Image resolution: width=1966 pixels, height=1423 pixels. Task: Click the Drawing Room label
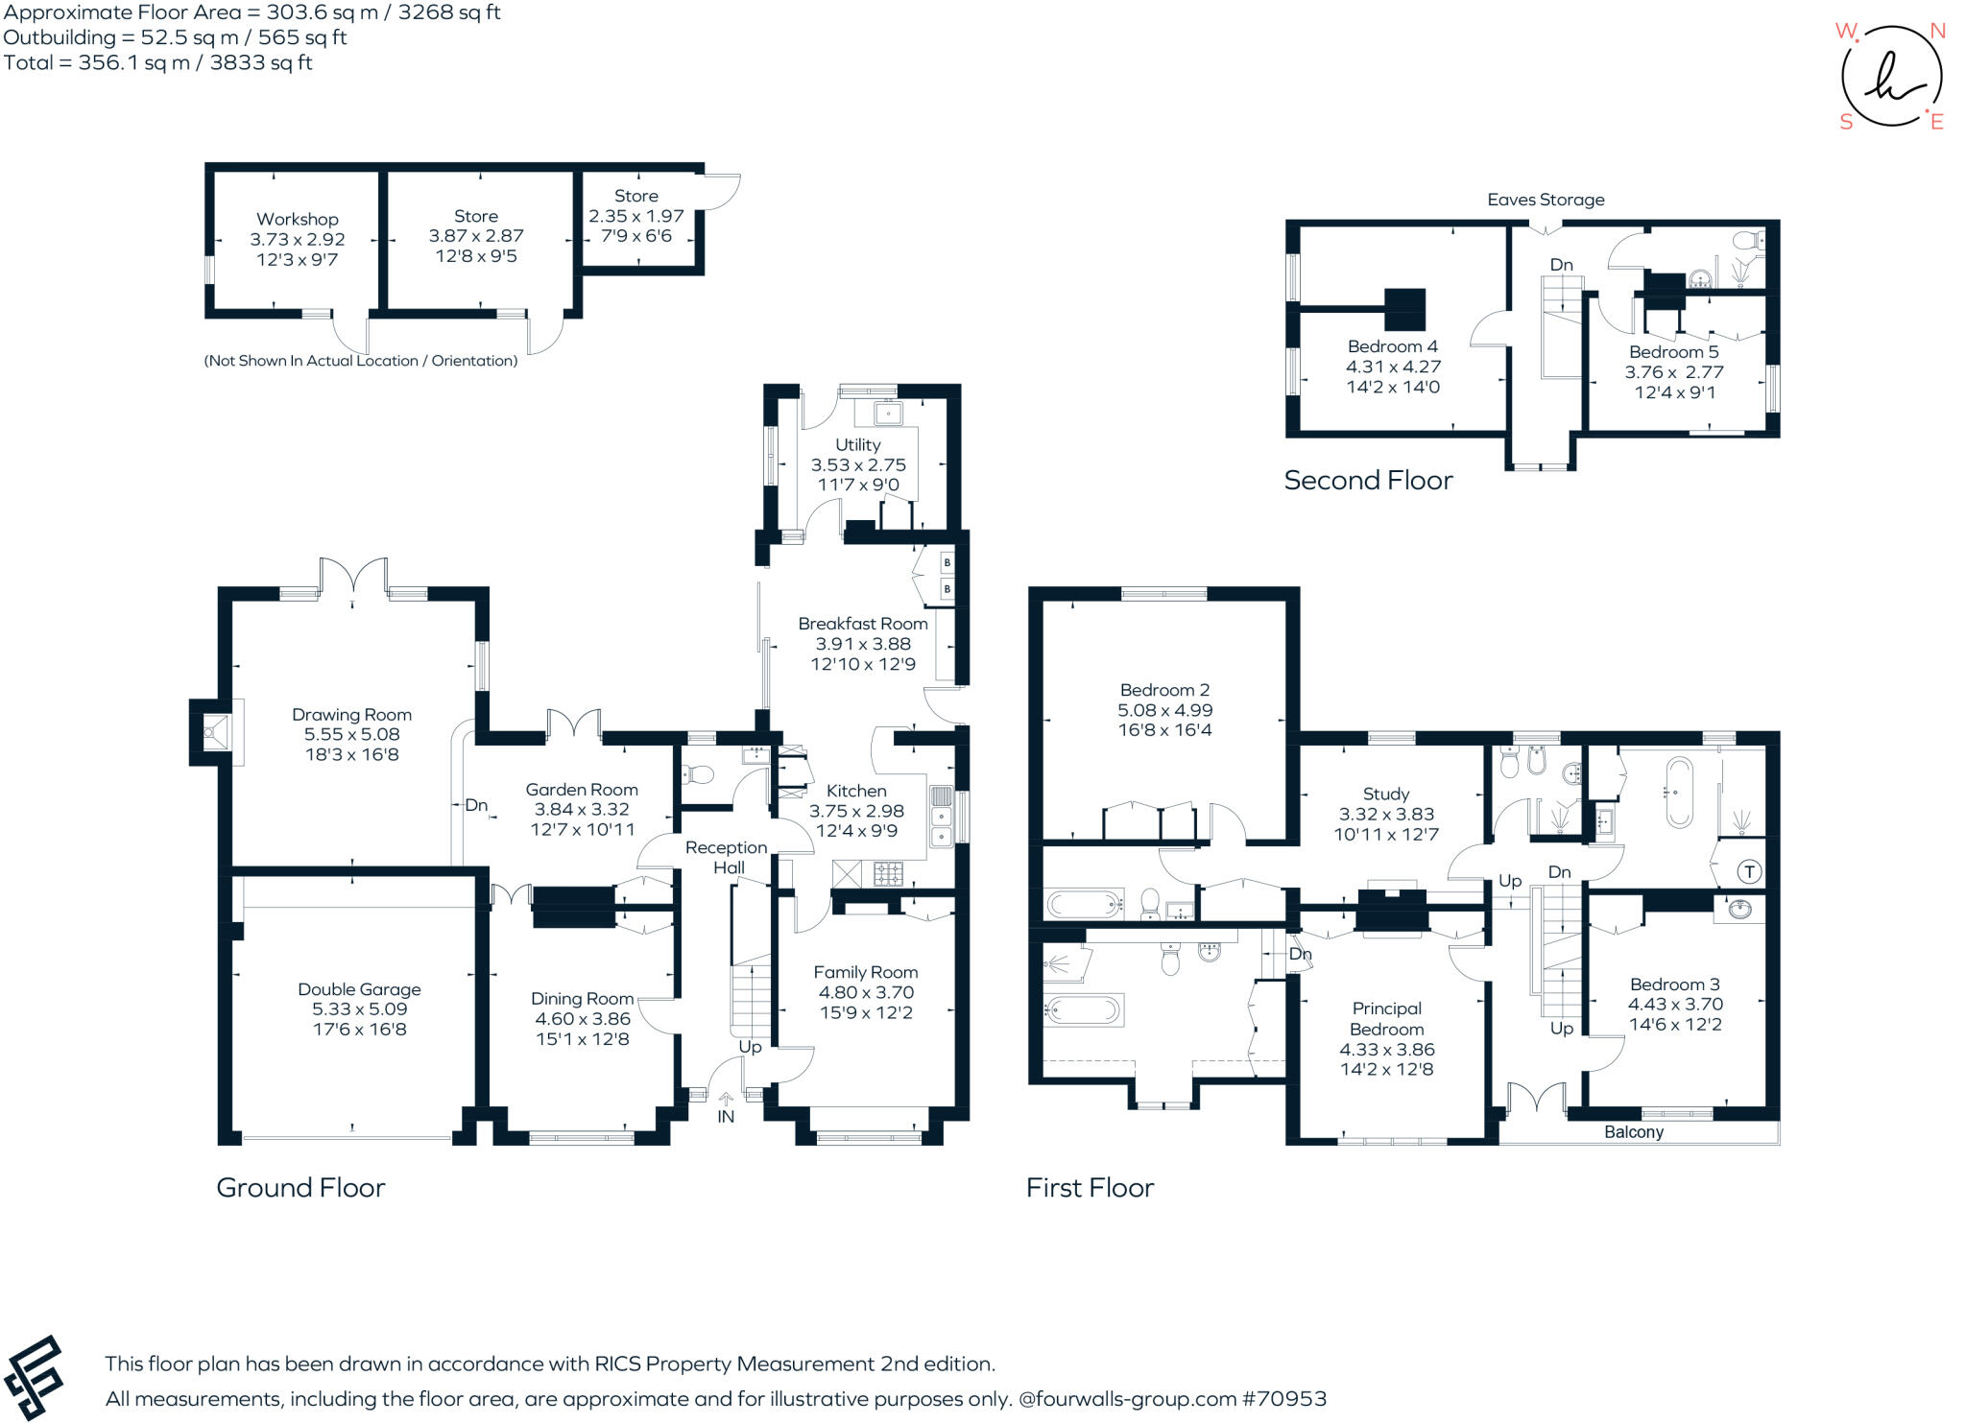pos(351,715)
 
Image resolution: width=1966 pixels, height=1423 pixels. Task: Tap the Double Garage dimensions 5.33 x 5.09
pos(359,1009)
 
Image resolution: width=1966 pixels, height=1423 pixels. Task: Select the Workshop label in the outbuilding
pos(297,219)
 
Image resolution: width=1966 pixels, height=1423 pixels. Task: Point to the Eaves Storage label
pos(1546,200)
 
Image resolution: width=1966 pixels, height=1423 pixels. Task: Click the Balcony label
pos(1633,1132)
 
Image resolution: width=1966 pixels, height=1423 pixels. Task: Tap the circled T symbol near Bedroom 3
pos(1749,872)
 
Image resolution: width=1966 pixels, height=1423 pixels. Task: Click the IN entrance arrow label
pos(726,1116)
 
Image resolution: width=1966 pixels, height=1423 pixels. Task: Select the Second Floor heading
pos(1368,480)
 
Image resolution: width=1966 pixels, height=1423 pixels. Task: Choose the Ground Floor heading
pos(300,1188)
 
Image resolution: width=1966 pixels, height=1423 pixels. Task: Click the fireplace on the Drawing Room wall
pos(213,733)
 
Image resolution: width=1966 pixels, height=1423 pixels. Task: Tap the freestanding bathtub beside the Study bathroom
pos(1680,793)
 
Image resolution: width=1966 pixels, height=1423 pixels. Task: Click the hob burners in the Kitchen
pos(887,873)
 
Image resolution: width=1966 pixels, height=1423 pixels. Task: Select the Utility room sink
pos(888,414)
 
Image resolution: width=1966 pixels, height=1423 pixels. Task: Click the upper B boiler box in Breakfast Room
pos(947,562)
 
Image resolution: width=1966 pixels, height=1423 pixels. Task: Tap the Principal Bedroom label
pos(1386,1018)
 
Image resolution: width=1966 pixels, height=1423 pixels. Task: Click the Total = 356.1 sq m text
pos(158,63)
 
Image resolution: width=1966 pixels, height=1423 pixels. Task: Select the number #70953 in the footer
pos(1283,1399)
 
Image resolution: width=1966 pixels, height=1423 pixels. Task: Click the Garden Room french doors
pos(574,724)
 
